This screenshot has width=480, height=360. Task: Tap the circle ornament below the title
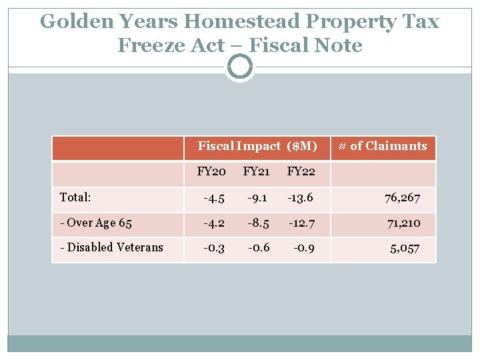[x=240, y=67]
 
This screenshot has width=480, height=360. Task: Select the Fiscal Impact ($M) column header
[x=257, y=146]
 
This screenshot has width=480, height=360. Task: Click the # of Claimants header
[x=382, y=146]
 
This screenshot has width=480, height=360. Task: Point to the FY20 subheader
[x=211, y=172]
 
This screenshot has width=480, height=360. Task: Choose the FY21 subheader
[x=256, y=172]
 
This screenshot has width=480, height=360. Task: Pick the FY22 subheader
[x=301, y=172]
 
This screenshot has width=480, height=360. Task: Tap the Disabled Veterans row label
[x=111, y=247]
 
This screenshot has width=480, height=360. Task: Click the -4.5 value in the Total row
[x=213, y=197]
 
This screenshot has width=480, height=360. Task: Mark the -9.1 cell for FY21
[x=257, y=197]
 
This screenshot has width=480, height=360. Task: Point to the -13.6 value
[x=299, y=197]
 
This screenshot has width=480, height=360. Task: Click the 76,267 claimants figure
[x=402, y=198]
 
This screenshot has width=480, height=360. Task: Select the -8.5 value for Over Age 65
[x=257, y=223]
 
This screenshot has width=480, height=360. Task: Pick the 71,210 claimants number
[x=403, y=223]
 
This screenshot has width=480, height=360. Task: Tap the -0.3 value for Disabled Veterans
[x=214, y=247]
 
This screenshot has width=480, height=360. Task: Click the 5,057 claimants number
[x=405, y=248]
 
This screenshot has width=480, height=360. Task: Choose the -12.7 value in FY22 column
[x=301, y=223]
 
